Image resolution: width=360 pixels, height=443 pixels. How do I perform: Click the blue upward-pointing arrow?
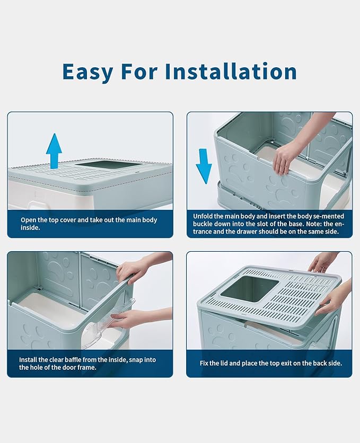54,150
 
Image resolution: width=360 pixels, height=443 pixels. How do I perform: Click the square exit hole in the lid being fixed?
248,289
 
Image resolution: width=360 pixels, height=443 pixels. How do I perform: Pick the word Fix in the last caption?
205,364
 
